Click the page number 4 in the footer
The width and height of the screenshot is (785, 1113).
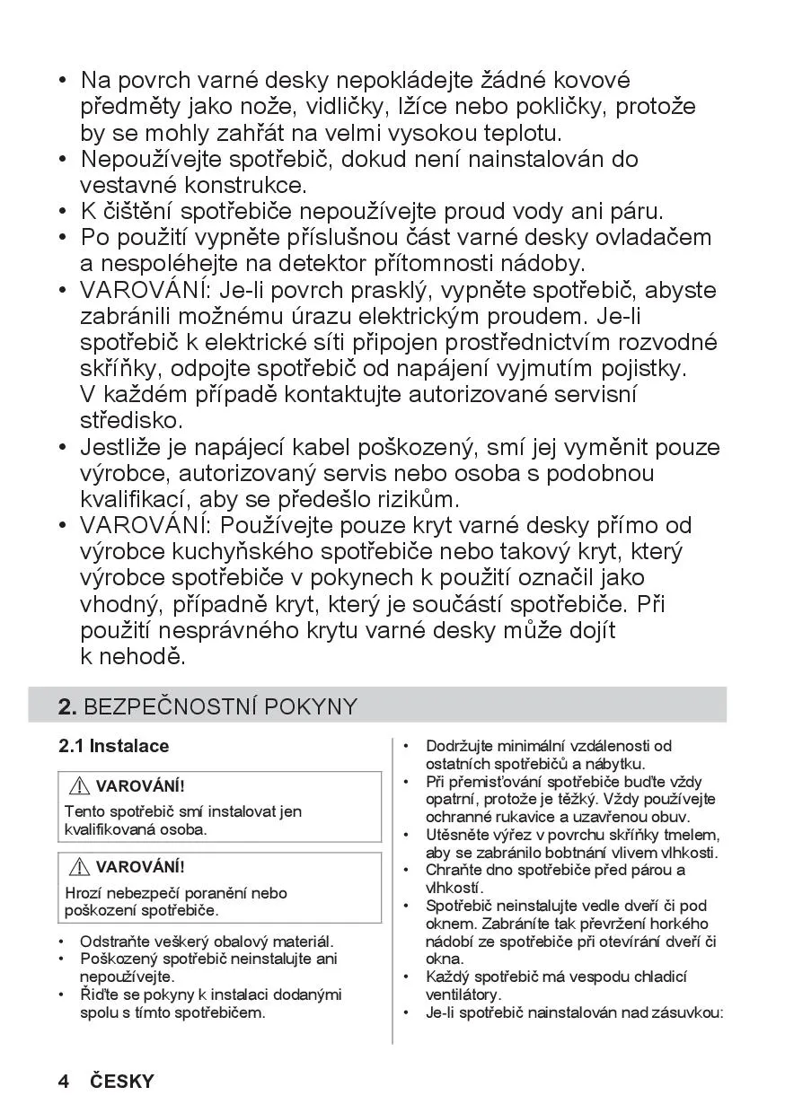(x=64, y=1081)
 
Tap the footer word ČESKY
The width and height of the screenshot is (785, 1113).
(x=122, y=1081)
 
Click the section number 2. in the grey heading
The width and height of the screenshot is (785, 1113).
(x=67, y=706)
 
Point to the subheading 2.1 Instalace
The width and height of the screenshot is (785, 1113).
(x=113, y=746)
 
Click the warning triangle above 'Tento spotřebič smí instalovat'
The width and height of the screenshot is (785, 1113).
(x=80, y=786)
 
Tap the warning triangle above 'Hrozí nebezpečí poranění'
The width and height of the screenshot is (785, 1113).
(x=80, y=867)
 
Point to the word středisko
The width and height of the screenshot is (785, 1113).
(x=131, y=420)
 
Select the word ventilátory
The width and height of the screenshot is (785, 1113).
(x=463, y=995)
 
